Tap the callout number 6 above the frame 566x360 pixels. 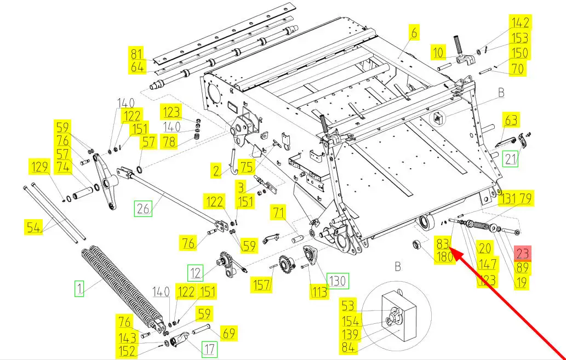click(x=414, y=32)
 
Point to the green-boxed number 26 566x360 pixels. click(x=144, y=208)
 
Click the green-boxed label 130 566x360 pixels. click(x=337, y=281)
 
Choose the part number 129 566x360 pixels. click(x=39, y=167)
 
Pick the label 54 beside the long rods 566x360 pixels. click(x=33, y=227)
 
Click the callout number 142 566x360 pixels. click(x=520, y=22)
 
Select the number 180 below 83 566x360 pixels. click(x=445, y=257)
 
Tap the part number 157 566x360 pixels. click(x=261, y=284)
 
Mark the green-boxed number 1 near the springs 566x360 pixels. click(x=79, y=288)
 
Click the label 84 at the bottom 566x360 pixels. click(x=348, y=347)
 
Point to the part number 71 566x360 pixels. click(x=279, y=213)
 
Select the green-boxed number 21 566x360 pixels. click(x=511, y=159)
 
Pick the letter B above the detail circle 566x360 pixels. click(x=397, y=266)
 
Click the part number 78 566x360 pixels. click(x=169, y=142)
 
